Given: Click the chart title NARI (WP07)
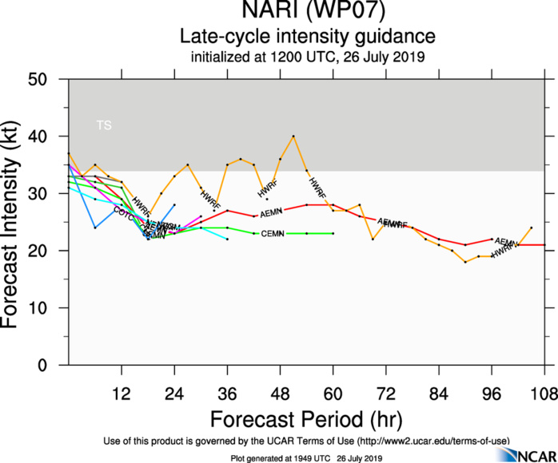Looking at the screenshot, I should click(307, 12).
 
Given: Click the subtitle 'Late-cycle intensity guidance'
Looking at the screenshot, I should click(307, 37).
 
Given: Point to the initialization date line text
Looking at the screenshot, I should click(307, 57).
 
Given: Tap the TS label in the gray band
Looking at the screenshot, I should click(104, 125).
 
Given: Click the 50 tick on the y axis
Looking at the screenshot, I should click(54, 80).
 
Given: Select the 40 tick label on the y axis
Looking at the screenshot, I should click(54, 137).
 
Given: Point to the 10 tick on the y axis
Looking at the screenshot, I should click(54, 308).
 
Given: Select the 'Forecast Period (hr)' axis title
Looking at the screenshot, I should click(307, 418).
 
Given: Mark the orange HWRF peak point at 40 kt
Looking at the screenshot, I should click(294, 137).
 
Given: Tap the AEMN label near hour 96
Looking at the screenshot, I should click(505, 241).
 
